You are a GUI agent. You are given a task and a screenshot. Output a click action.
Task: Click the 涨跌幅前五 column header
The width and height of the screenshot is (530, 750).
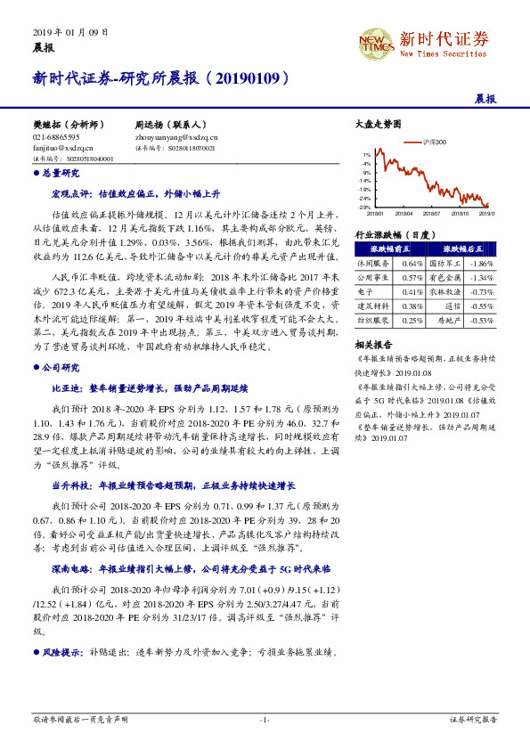tap(389, 250)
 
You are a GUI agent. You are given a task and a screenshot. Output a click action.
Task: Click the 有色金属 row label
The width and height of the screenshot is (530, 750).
tap(444, 278)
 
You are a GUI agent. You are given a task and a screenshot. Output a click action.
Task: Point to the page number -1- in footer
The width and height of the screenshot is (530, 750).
tap(265, 718)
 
